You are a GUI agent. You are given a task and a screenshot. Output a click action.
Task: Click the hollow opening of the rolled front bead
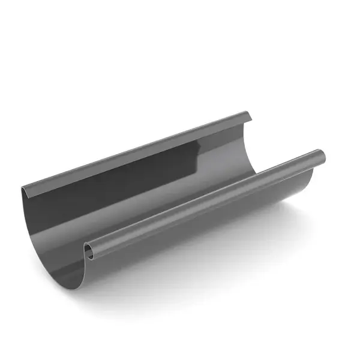(x=89, y=251)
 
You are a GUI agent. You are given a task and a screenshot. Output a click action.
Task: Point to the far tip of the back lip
(x=247, y=114)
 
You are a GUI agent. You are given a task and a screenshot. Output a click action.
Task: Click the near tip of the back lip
(x=24, y=191)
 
